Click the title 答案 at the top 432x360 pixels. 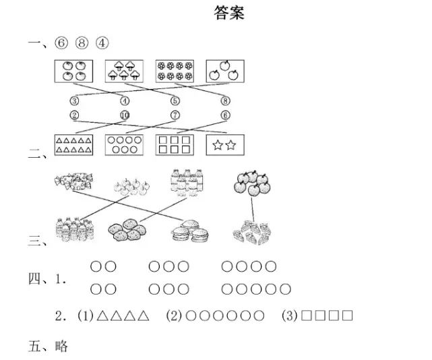[229, 13]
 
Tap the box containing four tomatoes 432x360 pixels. [73, 71]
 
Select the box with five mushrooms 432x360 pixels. [124, 71]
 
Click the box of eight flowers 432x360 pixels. [175, 71]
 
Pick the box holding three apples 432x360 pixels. [225, 71]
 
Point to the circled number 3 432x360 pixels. [74, 101]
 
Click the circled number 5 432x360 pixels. [175, 101]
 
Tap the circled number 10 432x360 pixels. [125, 115]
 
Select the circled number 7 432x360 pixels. [175, 115]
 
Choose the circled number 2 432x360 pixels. [74, 115]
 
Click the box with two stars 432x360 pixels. [225, 145]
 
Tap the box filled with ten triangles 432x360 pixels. [73, 145]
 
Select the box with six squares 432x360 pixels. [175, 145]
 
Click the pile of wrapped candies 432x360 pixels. [73, 181]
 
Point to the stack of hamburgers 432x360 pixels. [190, 231]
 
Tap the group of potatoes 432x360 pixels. [127, 230]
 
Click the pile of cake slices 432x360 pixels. [251, 233]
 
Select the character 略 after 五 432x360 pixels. [61, 347]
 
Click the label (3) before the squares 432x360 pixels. [290, 316]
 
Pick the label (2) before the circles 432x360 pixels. [174, 316]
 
